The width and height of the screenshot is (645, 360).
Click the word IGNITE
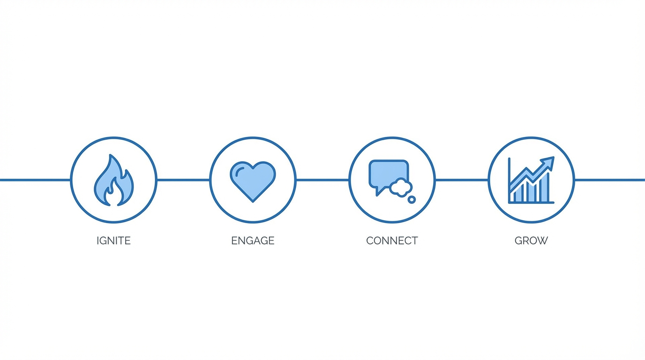(113, 240)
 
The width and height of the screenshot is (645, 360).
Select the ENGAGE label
(253, 240)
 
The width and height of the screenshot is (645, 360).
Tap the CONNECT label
(392, 240)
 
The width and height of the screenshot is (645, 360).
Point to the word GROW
(531, 240)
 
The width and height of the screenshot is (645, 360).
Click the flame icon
(113, 180)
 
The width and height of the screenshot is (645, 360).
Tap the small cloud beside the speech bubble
(401, 187)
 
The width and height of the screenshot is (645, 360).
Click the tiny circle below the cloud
(412, 200)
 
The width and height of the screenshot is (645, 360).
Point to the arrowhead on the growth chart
(549, 163)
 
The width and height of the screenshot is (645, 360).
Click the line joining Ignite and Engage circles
(183, 180)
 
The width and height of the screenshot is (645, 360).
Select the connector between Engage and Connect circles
(322, 180)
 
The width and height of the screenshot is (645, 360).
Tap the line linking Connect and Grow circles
(462, 180)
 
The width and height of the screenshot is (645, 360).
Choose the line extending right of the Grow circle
(609, 180)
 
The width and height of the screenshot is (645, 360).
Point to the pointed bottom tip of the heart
(253, 201)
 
